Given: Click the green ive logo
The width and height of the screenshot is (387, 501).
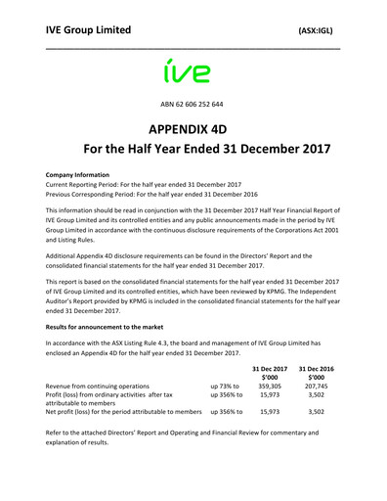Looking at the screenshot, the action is pos(193,70).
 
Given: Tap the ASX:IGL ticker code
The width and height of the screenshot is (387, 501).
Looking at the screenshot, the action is pos(319,31).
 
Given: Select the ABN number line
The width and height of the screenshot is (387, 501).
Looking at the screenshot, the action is pos(193,104).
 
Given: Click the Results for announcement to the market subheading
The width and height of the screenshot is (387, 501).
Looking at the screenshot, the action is pos(122,323).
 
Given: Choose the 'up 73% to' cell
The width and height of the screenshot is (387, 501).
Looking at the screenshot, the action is pos(225,387).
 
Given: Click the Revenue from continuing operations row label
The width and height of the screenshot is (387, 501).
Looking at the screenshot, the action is pos(98,387).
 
